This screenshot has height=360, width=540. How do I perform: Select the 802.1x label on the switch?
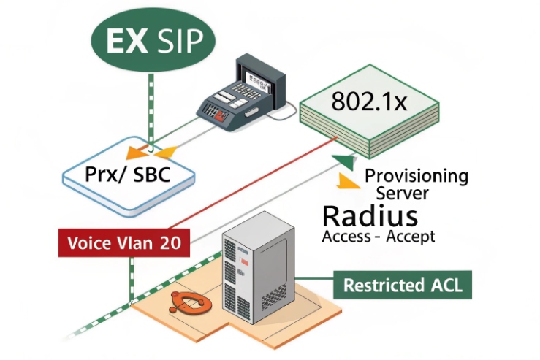(x=368, y=102)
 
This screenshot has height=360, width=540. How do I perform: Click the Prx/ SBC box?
(x=128, y=175)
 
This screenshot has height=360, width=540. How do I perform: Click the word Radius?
(x=370, y=216)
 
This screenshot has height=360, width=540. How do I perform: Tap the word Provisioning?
(x=416, y=176)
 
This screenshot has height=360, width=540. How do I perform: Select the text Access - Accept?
(x=378, y=237)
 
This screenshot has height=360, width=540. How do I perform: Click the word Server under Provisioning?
(x=402, y=194)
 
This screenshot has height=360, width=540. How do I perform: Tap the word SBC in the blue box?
(x=151, y=176)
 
